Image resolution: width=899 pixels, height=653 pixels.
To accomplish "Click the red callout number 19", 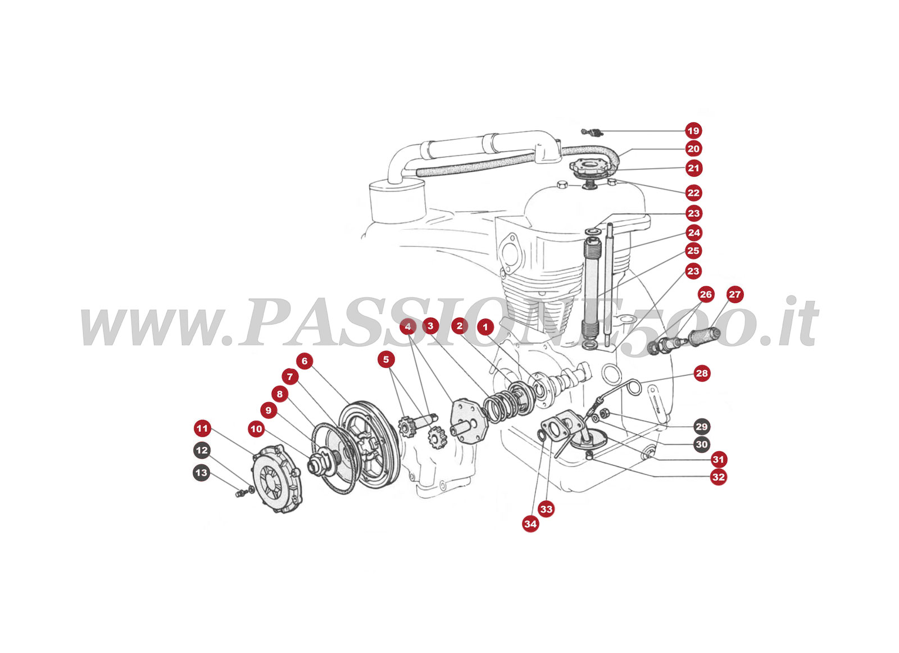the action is click(693, 131).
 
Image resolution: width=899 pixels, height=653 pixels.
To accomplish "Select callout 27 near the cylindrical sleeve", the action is click(734, 294).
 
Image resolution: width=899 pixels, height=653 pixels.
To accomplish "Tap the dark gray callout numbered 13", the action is click(201, 473).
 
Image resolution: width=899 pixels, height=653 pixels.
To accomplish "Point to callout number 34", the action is click(530, 524).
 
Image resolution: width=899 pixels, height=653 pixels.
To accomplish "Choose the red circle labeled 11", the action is click(202, 428).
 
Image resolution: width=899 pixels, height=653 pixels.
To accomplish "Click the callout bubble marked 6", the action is click(305, 360).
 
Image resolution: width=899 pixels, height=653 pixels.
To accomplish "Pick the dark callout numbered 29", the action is click(701, 426).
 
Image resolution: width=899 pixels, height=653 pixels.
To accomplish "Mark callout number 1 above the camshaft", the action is click(485, 327).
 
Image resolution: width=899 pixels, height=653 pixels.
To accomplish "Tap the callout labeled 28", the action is click(702, 373).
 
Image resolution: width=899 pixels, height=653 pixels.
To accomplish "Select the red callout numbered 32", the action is click(718, 477).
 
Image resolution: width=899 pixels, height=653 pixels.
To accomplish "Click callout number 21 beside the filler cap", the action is click(694, 168).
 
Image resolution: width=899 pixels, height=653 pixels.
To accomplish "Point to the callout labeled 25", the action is click(693, 250).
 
